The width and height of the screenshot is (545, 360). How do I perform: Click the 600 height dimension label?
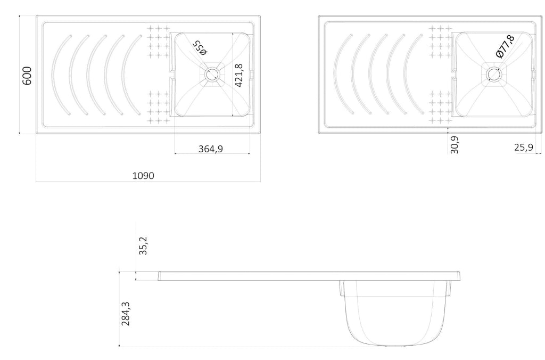(27, 76)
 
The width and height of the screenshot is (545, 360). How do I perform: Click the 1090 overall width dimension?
(143, 176)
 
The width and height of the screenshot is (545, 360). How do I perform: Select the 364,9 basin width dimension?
(211, 149)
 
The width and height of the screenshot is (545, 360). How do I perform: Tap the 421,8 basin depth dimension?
(239, 75)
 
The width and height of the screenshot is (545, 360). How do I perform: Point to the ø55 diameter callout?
(200, 47)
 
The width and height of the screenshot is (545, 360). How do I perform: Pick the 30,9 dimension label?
(455, 144)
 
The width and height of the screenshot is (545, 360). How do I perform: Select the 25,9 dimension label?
(524, 148)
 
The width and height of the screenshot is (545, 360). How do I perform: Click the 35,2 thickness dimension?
(143, 246)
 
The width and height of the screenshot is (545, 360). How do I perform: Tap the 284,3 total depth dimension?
(126, 313)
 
